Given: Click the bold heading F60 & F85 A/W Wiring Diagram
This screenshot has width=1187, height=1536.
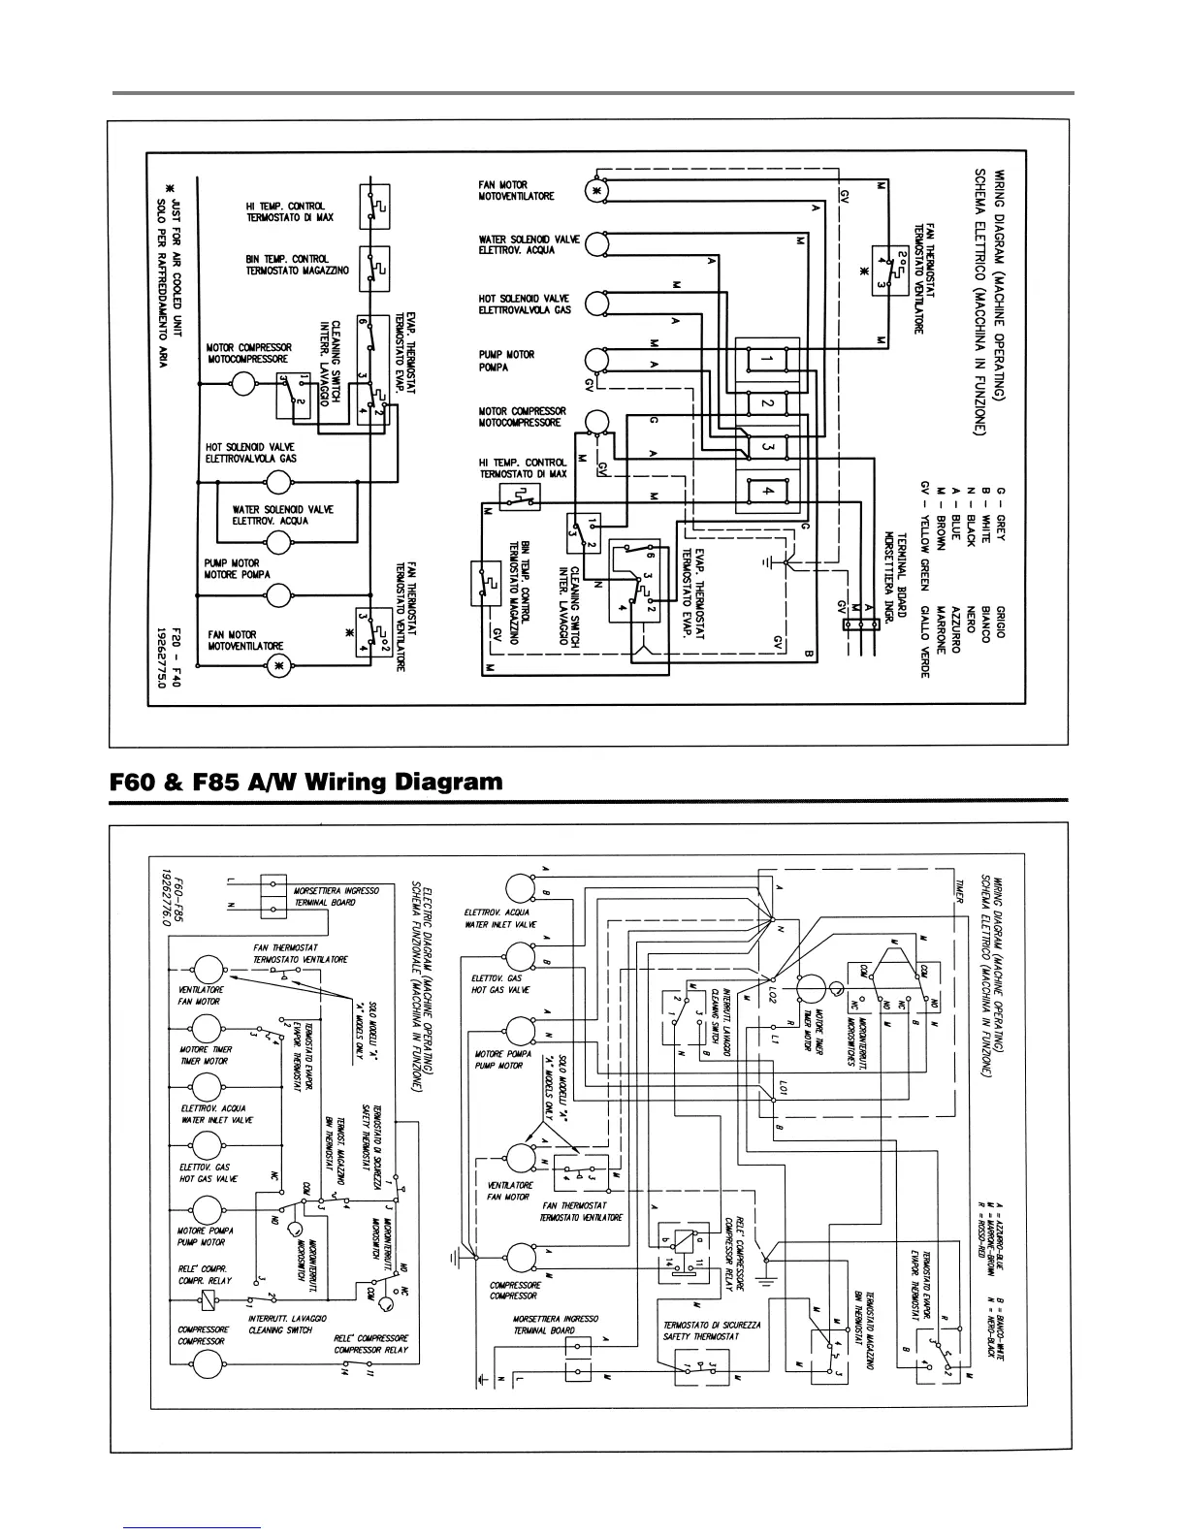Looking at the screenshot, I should point(307,782).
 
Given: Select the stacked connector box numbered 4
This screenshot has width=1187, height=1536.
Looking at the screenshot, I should point(767,491).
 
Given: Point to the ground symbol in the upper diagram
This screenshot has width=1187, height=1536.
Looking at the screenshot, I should point(767,561).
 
